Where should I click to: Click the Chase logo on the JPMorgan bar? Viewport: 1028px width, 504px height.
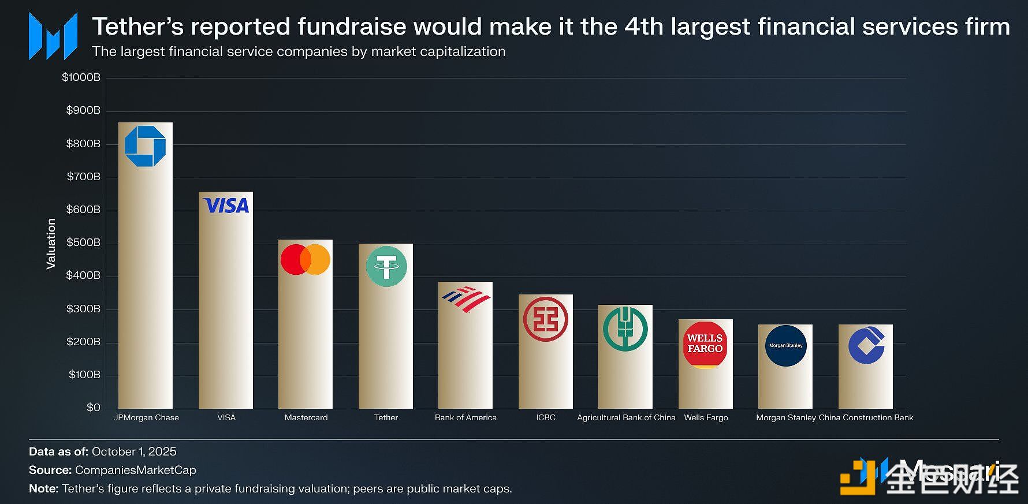pyautogui.click(x=145, y=146)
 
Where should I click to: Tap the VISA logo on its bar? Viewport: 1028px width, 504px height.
pyautogui.click(x=226, y=206)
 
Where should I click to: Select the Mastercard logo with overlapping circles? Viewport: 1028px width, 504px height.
pyautogui.click(x=306, y=259)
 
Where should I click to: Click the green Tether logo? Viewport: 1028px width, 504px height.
pyautogui.click(x=386, y=266)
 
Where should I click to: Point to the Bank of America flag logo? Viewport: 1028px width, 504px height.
pyautogui.click(x=466, y=299)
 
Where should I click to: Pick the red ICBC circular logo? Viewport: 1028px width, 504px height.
pyautogui.click(x=545, y=319)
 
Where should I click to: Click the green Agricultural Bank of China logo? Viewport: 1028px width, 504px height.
pyautogui.click(x=625, y=328)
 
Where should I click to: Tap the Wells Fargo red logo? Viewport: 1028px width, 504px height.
pyautogui.click(x=705, y=344)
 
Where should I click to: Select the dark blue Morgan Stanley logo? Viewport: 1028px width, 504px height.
pyautogui.click(x=785, y=345)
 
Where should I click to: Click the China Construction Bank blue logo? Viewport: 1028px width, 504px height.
pyautogui.click(x=866, y=345)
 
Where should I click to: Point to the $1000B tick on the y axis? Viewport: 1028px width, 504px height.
pyautogui.click(x=81, y=77)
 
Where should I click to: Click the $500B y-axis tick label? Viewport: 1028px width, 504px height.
pyautogui.click(x=83, y=242)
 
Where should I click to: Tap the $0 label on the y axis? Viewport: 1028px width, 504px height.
pyautogui.click(x=93, y=408)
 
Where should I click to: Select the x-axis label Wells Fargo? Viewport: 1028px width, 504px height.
pyautogui.click(x=706, y=417)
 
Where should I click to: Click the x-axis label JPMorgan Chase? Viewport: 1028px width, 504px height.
pyautogui.click(x=146, y=417)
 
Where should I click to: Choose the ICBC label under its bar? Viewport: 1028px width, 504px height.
pyautogui.click(x=545, y=417)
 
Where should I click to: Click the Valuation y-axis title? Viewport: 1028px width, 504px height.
pyautogui.click(x=51, y=243)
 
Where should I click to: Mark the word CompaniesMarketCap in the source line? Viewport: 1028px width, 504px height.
pyautogui.click(x=135, y=470)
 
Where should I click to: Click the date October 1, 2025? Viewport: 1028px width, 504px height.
pyautogui.click(x=134, y=451)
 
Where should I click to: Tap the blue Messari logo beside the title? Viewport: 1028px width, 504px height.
pyautogui.click(x=53, y=36)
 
